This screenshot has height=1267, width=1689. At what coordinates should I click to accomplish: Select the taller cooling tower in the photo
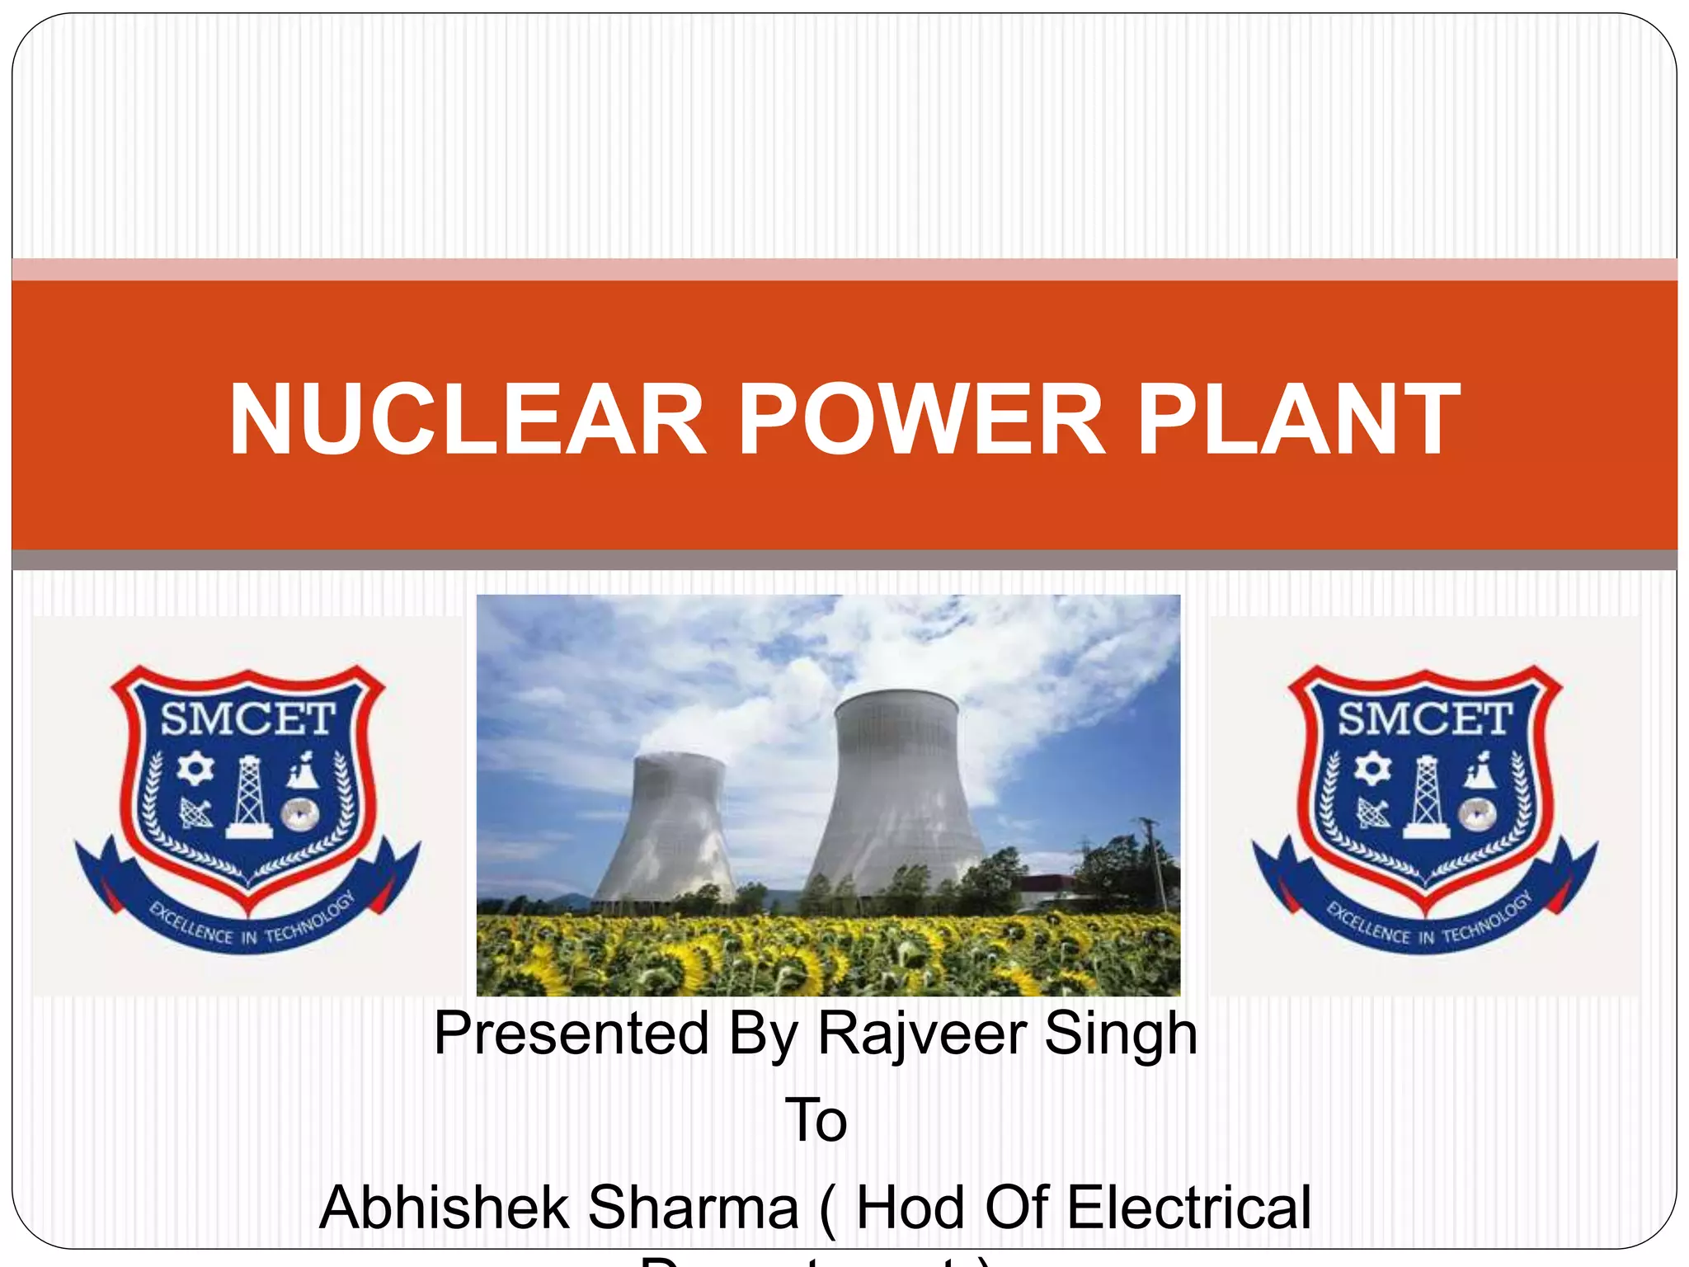pos(897,792)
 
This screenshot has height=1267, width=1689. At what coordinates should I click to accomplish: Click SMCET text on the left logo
pos(247,718)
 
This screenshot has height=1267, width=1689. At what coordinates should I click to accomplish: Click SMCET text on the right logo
pos(1424,718)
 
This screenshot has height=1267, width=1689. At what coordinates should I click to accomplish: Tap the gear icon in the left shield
pos(195,769)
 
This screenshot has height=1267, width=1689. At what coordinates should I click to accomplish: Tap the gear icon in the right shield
pos(1372,769)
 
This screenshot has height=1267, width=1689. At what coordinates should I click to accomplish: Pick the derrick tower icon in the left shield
pos(248,797)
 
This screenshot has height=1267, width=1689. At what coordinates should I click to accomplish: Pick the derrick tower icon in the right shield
pos(1426,797)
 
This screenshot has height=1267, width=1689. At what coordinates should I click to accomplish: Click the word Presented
pos(571,1034)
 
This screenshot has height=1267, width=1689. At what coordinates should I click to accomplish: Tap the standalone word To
pos(816,1120)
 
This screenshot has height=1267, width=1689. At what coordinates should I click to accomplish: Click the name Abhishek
pos(445,1207)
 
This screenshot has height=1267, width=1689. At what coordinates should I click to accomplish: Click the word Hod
pos(910,1207)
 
